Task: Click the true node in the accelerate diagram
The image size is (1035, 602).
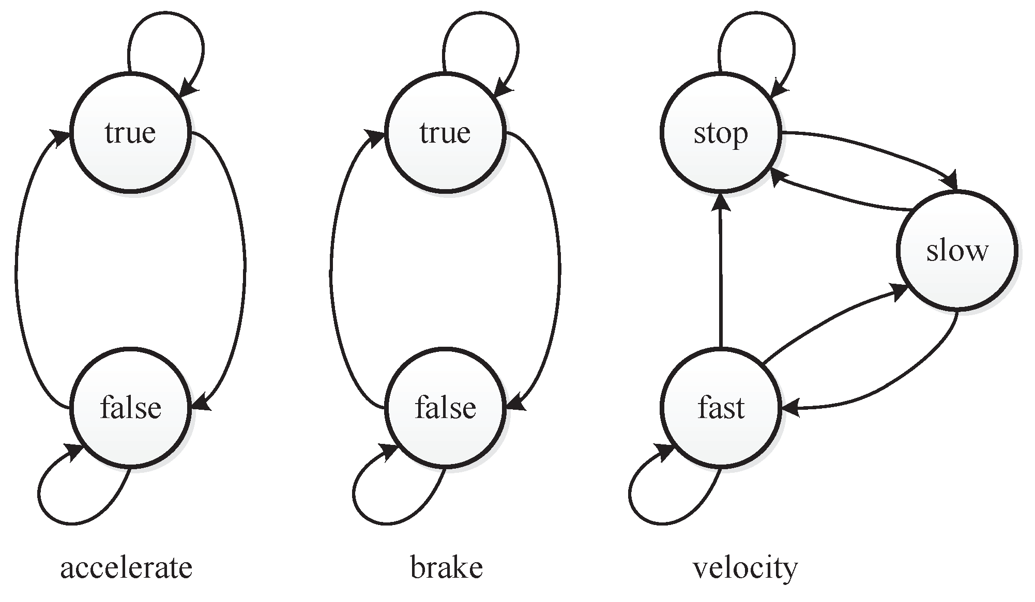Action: coord(130,133)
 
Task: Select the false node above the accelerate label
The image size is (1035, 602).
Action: coord(130,408)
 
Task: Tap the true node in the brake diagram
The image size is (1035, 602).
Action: coord(445,133)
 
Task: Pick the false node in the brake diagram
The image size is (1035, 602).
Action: coord(445,408)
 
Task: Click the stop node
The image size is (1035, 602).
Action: coord(720,133)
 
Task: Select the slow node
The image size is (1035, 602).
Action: coord(957,251)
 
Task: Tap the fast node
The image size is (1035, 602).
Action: coord(720,408)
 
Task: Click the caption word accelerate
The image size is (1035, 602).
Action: coord(126,568)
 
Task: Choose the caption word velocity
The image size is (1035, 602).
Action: coord(745,568)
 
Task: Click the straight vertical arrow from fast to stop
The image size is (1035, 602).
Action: coord(721,274)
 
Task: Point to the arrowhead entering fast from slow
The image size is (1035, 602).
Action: coord(790,408)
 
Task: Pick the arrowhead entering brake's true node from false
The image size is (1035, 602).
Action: coord(375,137)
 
